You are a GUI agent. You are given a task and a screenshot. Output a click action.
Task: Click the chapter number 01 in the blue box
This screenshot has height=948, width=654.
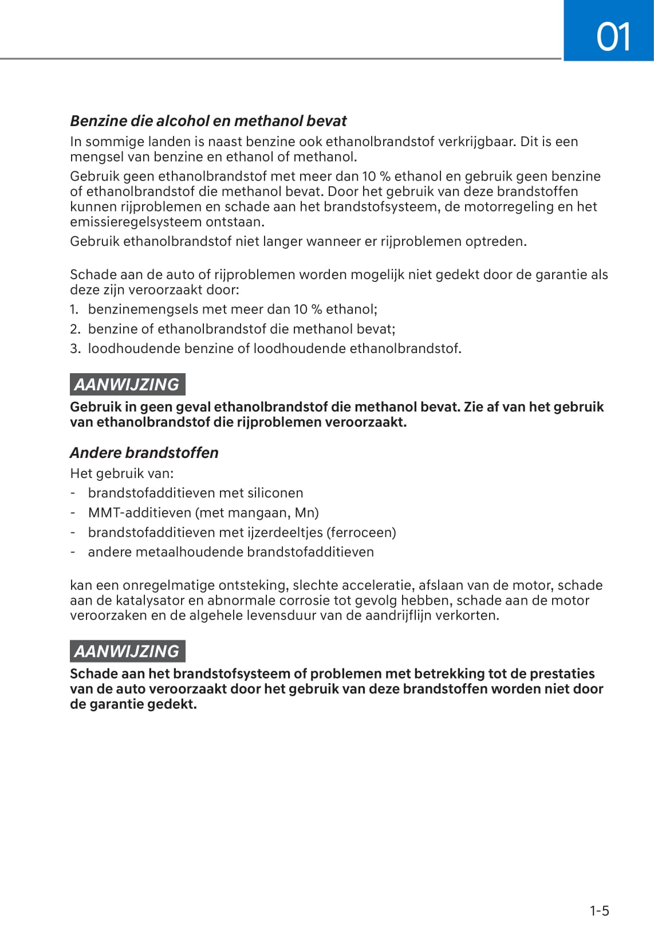(x=613, y=37)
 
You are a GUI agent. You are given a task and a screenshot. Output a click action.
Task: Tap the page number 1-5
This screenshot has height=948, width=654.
(x=599, y=911)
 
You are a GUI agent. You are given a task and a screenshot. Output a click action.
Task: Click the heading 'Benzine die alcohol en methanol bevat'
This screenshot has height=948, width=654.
(x=208, y=121)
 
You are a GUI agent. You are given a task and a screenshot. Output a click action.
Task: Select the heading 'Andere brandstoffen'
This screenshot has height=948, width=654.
(x=144, y=453)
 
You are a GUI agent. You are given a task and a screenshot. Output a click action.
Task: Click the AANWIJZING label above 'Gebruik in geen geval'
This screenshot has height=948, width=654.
(x=127, y=385)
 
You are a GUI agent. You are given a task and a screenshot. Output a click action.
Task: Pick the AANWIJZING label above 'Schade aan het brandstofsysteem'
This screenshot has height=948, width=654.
(x=127, y=652)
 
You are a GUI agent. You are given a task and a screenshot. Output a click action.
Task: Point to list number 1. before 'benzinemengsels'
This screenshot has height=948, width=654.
(x=74, y=310)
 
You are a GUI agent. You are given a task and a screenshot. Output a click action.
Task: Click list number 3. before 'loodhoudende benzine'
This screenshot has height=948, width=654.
(x=74, y=348)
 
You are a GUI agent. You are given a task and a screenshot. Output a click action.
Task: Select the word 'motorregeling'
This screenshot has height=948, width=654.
(x=506, y=207)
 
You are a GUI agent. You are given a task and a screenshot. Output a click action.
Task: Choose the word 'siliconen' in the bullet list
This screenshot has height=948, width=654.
(x=274, y=493)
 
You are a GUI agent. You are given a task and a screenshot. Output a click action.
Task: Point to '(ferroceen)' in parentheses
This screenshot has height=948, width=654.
(x=361, y=532)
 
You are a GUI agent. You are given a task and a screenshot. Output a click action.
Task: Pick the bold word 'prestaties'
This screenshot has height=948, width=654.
(x=562, y=673)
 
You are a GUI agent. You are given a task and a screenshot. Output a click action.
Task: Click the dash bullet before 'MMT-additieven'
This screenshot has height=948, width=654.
(x=73, y=512)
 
